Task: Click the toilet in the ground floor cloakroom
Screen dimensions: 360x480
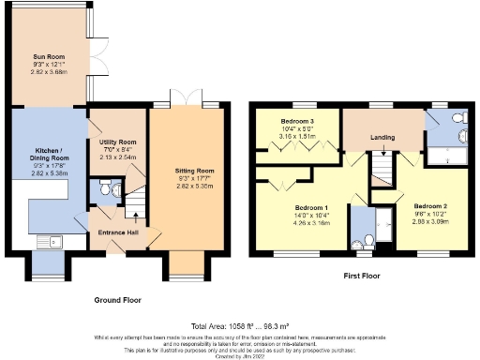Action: tap(112, 191)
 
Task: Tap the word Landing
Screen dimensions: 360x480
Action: tap(382, 137)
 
